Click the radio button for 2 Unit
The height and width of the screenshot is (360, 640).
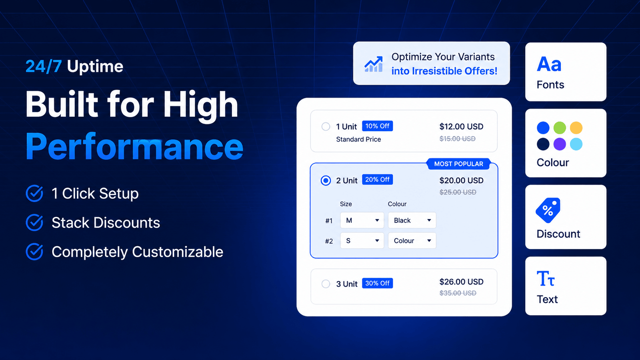tap(326, 180)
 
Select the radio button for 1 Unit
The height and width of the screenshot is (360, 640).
tap(326, 126)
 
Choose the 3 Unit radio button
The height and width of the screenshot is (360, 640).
tap(326, 284)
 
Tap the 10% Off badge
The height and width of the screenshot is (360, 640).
tap(378, 126)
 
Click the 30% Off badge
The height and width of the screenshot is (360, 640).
tap(378, 283)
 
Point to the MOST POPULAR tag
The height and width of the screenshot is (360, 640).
tap(458, 164)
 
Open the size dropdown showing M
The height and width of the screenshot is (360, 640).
tap(362, 220)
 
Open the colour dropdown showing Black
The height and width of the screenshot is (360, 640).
tap(412, 220)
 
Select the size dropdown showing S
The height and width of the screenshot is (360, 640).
tap(362, 240)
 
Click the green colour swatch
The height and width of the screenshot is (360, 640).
tap(560, 128)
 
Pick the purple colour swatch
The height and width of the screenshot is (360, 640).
tap(560, 144)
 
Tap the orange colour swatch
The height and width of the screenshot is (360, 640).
tap(576, 128)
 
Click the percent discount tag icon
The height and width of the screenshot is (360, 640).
tap(548, 210)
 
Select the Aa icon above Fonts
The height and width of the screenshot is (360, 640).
tap(549, 64)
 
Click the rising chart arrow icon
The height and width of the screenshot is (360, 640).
tap(374, 64)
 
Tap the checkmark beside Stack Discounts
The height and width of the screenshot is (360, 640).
tap(34, 222)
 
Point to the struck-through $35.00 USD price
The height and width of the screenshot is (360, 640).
tap(458, 293)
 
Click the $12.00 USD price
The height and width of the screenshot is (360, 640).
tap(461, 126)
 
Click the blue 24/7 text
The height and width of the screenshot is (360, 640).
tap(44, 66)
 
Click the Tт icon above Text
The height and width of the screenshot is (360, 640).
tap(546, 278)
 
